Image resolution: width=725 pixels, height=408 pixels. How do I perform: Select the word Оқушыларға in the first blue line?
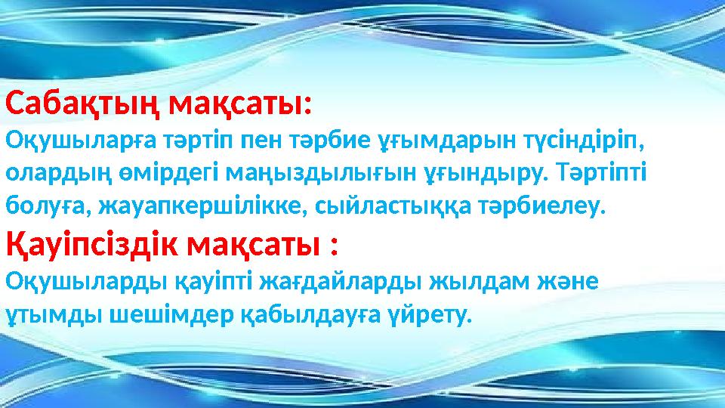[68, 141]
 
